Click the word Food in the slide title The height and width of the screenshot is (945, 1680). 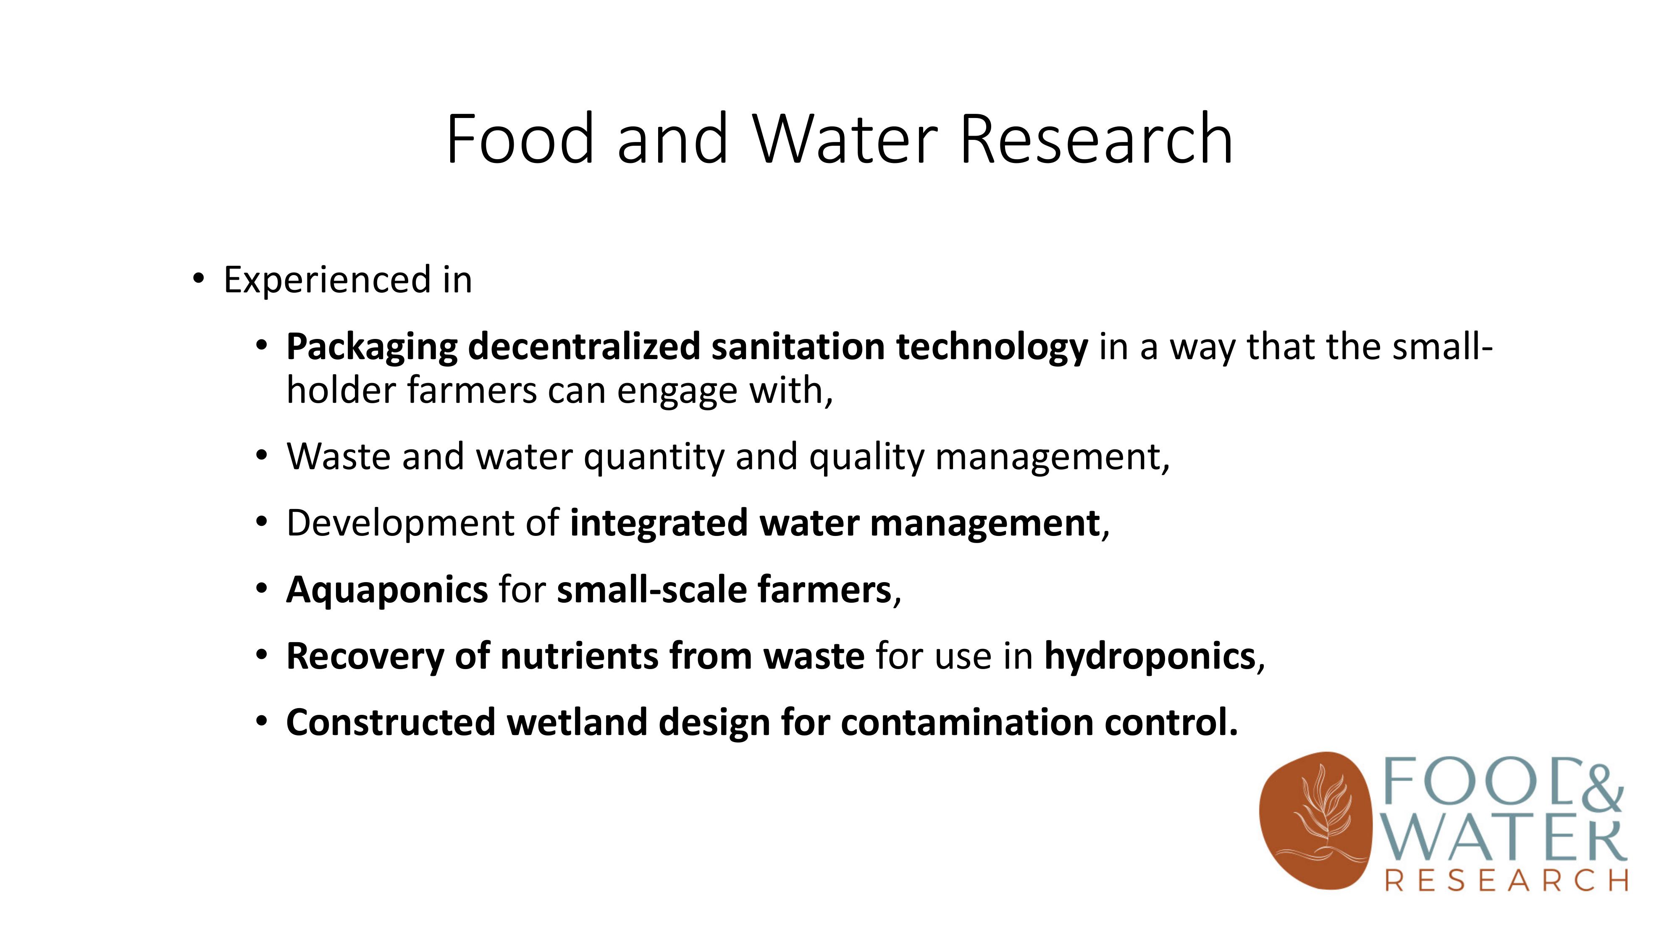[x=520, y=139]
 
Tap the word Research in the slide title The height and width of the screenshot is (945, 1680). [x=1096, y=139]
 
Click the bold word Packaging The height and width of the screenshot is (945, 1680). [x=372, y=348]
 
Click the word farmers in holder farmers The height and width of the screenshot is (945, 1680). [x=472, y=390]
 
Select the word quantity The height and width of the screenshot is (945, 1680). [x=654, y=457]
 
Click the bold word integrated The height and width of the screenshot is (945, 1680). [x=659, y=524]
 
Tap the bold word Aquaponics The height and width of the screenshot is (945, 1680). [x=387, y=590]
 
